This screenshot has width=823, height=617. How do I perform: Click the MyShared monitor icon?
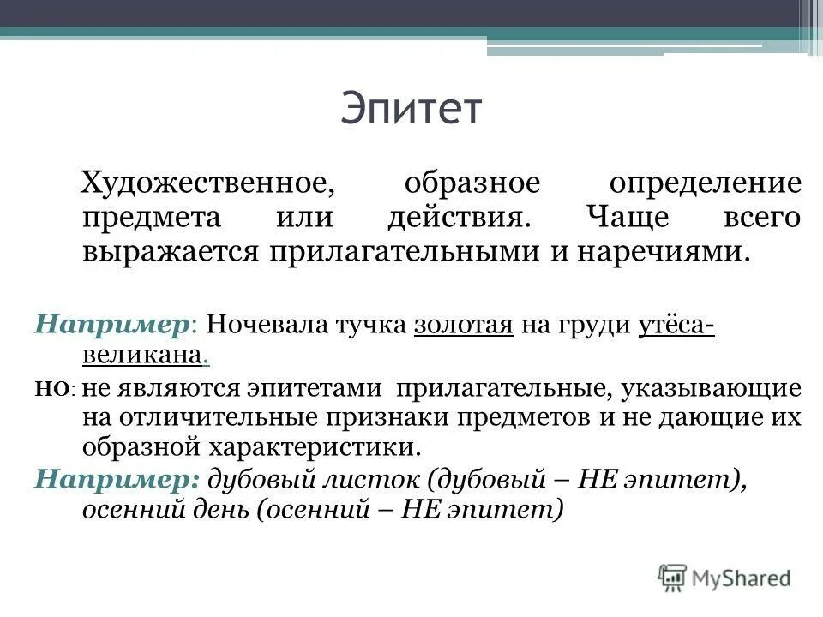click(x=673, y=577)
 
